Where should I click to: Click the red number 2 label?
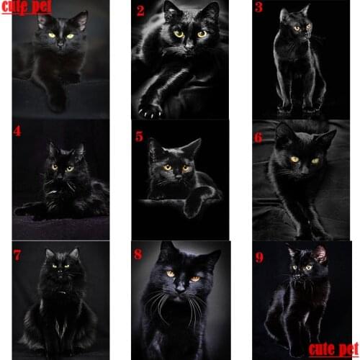140,10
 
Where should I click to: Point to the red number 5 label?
140,134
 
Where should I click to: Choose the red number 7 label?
17,254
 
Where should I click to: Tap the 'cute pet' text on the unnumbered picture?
27,9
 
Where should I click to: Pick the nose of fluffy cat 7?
60,274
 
